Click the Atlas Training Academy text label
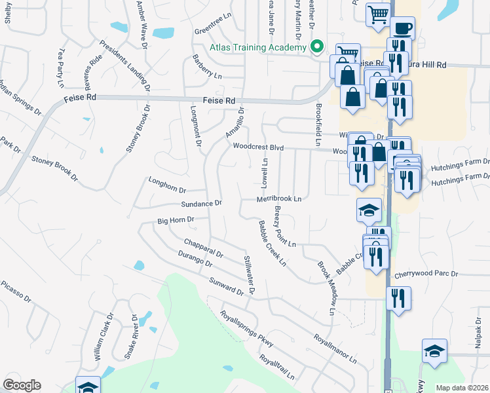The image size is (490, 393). [257, 48]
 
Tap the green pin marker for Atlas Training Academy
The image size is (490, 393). [317, 47]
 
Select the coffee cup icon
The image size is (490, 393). [402, 28]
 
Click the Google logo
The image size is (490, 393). [22, 385]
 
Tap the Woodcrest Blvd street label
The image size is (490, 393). [258, 148]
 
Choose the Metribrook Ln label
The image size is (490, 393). [278, 198]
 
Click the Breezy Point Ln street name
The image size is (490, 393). [285, 226]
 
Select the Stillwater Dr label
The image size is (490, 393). [249, 273]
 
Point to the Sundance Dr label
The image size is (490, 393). [202, 204]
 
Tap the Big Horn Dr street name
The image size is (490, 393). [176, 220]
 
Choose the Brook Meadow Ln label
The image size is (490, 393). [326, 289]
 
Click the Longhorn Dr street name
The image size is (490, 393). [167, 185]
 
